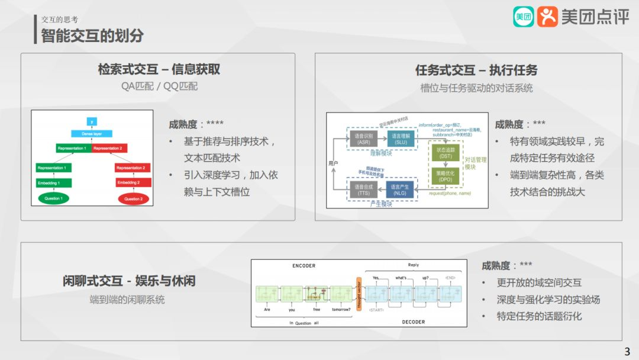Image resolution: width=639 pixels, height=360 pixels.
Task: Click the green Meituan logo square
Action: point(523,17)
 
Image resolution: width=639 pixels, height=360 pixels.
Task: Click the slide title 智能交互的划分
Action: point(92,35)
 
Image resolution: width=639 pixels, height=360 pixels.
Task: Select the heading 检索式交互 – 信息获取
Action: point(159,69)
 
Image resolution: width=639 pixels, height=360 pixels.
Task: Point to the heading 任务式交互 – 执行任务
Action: point(476,70)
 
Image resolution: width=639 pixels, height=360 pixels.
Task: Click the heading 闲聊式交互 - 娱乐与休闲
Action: point(129,280)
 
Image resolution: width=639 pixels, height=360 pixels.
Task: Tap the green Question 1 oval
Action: point(53,198)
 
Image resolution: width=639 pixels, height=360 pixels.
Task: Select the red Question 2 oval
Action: point(133,198)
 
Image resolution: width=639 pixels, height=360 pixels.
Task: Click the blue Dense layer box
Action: point(92,134)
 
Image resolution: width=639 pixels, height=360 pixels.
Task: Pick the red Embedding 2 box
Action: point(131,182)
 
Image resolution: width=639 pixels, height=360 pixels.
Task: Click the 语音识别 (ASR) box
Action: point(363,139)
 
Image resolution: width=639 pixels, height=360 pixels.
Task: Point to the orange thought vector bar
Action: point(358,294)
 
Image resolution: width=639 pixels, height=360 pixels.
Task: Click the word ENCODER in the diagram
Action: point(304,266)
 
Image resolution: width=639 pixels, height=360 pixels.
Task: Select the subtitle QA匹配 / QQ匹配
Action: point(159,86)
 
